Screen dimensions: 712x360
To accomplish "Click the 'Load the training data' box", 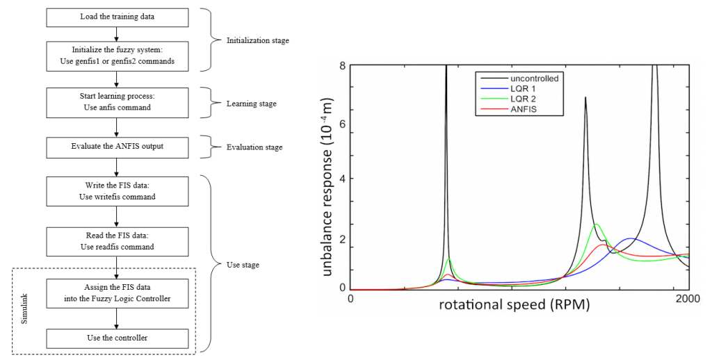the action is (117, 17).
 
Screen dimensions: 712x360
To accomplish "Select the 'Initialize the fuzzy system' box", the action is (117, 56).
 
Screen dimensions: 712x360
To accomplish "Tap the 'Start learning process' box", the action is (117, 102).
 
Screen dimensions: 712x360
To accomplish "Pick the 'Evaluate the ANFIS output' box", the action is (117, 146).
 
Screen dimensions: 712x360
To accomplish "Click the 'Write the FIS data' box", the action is (117, 191).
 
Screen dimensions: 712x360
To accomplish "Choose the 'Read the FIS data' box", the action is (117, 241).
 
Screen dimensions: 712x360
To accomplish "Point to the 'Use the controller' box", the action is (117, 338).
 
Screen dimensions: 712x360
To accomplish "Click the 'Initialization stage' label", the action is (257, 40).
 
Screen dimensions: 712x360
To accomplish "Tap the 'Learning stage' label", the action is (251, 104).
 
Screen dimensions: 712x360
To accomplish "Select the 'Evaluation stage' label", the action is (254, 147).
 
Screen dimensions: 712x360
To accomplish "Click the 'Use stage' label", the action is (243, 265).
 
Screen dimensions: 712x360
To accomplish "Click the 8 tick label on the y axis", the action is (342, 66).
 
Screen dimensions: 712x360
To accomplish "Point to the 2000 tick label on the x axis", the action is (688, 299).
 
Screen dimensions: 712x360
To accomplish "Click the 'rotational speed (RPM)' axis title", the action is (514, 304).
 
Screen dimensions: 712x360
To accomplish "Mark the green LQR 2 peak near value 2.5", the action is (596, 224).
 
